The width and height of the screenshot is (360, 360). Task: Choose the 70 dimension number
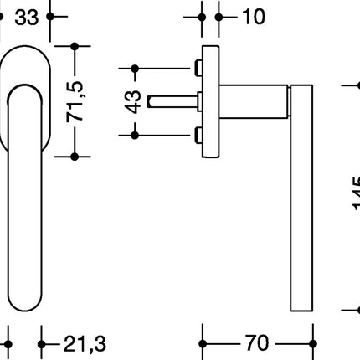coord(256,343)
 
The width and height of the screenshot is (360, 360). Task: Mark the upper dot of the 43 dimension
coord(134,67)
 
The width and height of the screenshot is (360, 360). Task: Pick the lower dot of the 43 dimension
coord(134,134)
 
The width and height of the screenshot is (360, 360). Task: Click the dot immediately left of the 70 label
coord(204,343)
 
